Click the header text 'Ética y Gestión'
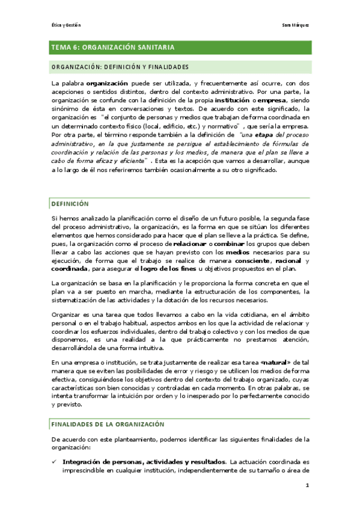(66, 25)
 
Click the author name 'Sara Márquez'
(296, 25)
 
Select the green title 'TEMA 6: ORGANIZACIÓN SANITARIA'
(113, 47)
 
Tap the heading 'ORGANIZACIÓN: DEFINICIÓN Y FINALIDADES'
(120, 67)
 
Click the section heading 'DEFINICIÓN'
(70, 204)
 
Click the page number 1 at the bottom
(307, 484)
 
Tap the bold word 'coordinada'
(70, 269)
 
